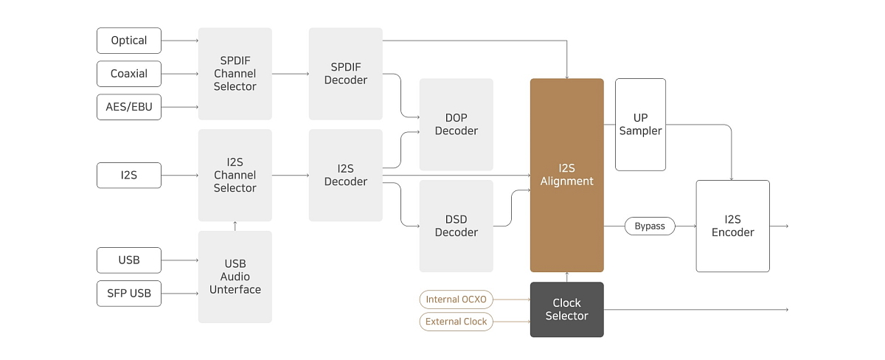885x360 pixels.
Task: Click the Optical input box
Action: [x=129, y=41]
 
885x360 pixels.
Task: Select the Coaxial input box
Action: [x=129, y=74]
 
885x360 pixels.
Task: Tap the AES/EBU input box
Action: [x=129, y=107]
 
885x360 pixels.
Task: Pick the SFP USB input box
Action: [x=129, y=293]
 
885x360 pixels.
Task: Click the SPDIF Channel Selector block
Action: [x=235, y=74]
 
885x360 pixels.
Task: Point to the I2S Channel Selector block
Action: [x=235, y=175]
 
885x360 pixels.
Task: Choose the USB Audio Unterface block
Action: [x=235, y=277]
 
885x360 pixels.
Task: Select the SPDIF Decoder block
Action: [x=346, y=74]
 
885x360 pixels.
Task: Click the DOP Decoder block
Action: [x=457, y=124]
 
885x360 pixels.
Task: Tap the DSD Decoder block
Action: [x=457, y=226]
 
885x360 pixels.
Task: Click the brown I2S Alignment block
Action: [x=567, y=175]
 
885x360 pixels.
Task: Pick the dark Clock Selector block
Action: [x=567, y=309]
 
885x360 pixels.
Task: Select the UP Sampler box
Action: [x=640, y=125]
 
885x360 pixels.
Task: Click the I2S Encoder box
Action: [x=733, y=226]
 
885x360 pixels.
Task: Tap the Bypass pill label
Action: [x=650, y=226]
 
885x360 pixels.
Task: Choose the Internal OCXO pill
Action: [x=457, y=300]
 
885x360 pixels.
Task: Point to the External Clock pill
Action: [x=457, y=322]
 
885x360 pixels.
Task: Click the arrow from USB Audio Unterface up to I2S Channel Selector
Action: [x=235, y=226]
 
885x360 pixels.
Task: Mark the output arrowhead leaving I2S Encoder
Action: [x=787, y=226]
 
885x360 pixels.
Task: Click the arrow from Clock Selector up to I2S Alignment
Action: [x=567, y=277]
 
